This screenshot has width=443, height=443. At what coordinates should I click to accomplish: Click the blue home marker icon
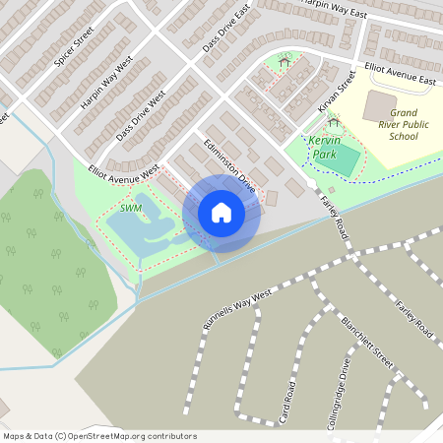[x=221, y=213]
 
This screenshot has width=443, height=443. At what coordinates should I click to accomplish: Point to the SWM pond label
[x=131, y=209]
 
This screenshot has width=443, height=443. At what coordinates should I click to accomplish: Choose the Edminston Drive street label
[x=229, y=161]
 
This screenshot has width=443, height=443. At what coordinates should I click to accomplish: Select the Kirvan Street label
[x=335, y=92]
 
